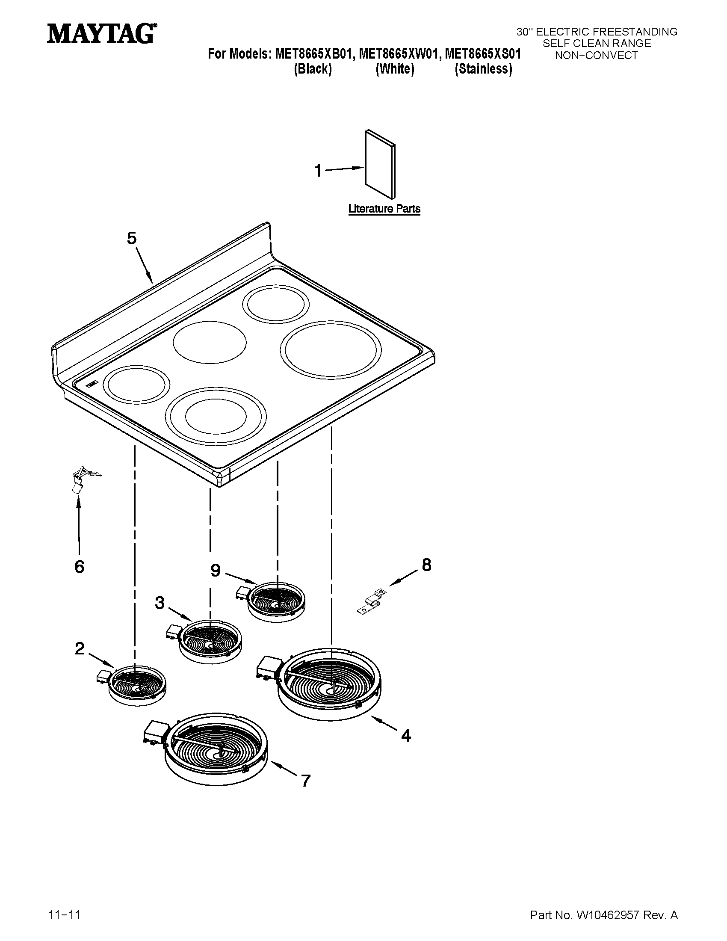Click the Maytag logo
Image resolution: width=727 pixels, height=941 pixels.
(x=102, y=33)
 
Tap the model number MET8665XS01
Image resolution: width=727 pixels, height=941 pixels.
(x=483, y=54)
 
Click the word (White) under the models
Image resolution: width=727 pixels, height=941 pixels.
(x=395, y=69)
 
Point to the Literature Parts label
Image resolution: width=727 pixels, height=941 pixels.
(x=384, y=209)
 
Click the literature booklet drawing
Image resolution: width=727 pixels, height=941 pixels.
(x=380, y=164)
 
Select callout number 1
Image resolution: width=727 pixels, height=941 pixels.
(x=318, y=171)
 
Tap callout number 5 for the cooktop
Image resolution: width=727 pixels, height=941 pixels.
(x=131, y=238)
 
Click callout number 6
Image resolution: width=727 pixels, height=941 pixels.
(x=79, y=567)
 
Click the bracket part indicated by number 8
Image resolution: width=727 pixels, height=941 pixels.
(x=371, y=601)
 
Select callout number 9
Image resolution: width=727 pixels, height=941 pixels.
(x=216, y=571)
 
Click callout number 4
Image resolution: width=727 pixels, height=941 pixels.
(x=406, y=736)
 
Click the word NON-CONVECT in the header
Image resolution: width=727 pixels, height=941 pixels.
(x=596, y=56)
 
